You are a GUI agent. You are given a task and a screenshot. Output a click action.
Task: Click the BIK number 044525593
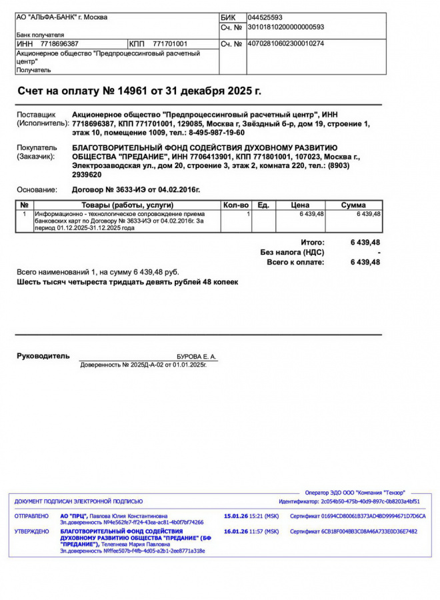(265, 17)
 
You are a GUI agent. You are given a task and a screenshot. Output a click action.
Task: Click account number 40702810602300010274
(285, 44)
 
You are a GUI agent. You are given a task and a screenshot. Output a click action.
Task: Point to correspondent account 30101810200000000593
(285, 27)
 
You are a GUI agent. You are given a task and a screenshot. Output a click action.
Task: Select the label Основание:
(37, 190)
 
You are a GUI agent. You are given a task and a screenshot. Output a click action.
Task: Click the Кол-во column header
(235, 205)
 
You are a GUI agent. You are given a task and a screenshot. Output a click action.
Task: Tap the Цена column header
(301, 205)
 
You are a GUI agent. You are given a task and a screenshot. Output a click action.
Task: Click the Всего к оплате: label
(295, 263)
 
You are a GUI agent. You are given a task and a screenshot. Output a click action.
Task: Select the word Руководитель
(43, 356)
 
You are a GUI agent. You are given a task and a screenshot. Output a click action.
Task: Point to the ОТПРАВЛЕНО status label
(31, 516)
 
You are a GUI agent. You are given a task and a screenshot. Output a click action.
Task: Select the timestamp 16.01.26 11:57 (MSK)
(251, 531)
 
